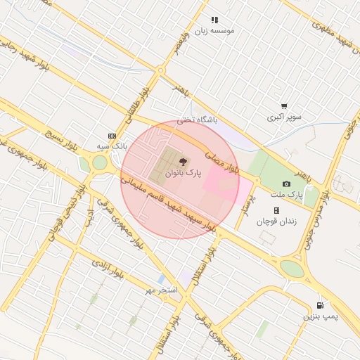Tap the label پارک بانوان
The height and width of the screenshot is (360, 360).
[184, 172]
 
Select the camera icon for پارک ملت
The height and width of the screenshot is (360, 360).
[286, 184]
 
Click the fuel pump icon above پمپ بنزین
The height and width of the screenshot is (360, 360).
[321, 306]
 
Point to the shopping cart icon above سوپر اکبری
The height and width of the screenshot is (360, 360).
[284, 106]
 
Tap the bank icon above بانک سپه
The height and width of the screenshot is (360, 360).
[111, 136]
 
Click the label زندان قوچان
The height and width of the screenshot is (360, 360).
[276, 221]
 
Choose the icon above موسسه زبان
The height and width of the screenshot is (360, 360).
[214, 20]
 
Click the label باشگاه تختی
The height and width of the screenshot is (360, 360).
[197, 120]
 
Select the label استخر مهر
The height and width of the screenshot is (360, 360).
[162, 290]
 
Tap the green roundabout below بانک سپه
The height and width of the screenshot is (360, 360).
[98, 163]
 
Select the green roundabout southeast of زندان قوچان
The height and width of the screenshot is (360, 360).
[292, 268]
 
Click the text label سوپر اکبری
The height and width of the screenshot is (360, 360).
[284, 117]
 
